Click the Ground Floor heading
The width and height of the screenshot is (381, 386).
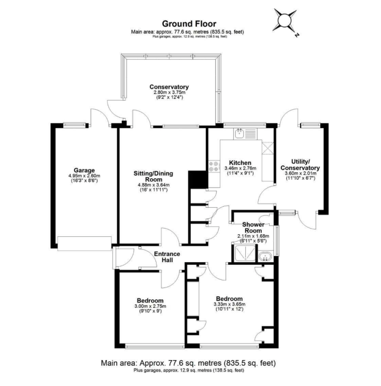click(x=189, y=24)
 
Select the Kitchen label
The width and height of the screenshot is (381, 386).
click(x=240, y=163)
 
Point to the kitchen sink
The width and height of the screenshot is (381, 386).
click(x=238, y=134)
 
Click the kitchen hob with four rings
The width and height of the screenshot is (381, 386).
click(x=214, y=166)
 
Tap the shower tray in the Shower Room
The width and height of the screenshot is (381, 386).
click(x=245, y=253)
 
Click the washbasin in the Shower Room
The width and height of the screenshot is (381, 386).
click(x=265, y=256)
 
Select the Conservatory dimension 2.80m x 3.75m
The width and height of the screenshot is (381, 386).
click(x=169, y=92)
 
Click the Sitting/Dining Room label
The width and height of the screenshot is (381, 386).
click(x=153, y=176)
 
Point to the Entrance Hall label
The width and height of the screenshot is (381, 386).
click(x=167, y=257)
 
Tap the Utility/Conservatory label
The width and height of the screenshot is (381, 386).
click(x=300, y=165)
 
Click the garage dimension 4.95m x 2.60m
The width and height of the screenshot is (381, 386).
click(x=84, y=176)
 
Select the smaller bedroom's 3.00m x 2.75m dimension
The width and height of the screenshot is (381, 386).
click(x=150, y=306)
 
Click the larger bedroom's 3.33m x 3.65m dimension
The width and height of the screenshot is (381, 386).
click(x=229, y=304)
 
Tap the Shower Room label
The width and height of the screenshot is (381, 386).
click(x=253, y=227)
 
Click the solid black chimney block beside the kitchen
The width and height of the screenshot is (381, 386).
click(x=199, y=179)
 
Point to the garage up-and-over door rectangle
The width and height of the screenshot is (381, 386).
click(x=84, y=244)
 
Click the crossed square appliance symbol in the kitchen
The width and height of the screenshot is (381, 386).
click(x=267, y=148)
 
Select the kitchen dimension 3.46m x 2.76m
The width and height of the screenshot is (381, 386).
click(x=240, y=168)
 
